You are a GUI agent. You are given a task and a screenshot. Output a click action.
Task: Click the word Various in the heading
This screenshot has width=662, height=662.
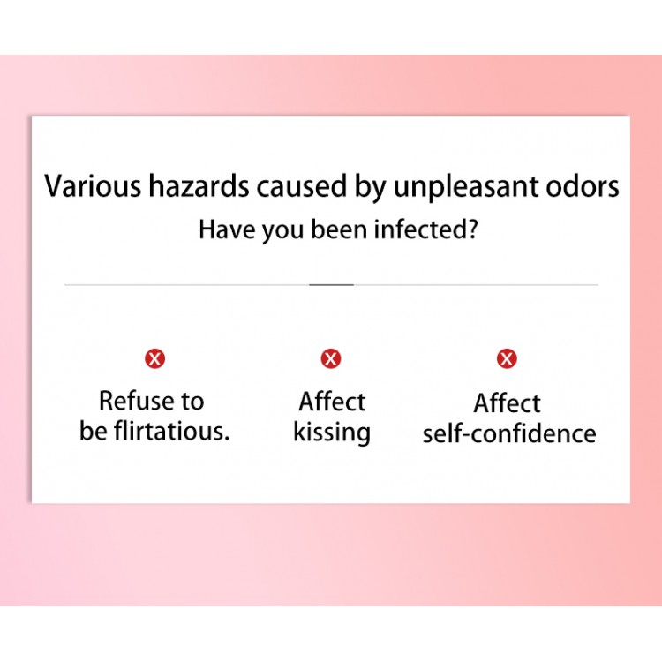point(93,186)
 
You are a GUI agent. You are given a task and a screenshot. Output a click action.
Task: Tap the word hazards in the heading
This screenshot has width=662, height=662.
point(199,186)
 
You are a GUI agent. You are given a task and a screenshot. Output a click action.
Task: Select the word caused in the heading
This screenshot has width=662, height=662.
point(302,186)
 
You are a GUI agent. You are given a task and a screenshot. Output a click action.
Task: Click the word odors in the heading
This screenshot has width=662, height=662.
point(583,186)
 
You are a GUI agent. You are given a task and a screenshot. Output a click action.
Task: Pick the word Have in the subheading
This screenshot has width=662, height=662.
point(227,229)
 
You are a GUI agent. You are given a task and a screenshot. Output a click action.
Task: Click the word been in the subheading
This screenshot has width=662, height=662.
point(339,229)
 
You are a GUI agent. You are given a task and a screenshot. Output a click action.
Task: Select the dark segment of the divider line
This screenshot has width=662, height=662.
point(331,285)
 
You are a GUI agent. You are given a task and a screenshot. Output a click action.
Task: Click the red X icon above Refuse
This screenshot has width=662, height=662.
point(155,359)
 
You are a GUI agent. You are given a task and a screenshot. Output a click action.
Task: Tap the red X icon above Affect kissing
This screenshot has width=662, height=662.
point(331,359)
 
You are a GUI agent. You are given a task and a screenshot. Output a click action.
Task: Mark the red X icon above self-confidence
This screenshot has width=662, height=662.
point(507,359)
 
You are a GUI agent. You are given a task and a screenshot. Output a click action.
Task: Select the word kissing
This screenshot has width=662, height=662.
point(332,433)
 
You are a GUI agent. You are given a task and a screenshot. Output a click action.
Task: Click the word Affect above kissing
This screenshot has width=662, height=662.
point(332,401)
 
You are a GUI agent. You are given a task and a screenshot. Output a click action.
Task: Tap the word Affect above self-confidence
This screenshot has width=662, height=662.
point(507,403)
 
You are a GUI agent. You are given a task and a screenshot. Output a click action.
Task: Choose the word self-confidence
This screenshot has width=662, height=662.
point(509,433)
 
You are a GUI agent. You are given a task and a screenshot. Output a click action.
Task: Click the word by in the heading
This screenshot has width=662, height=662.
point(370,188)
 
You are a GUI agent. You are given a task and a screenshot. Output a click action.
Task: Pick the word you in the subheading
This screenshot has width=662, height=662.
point(282,232)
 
